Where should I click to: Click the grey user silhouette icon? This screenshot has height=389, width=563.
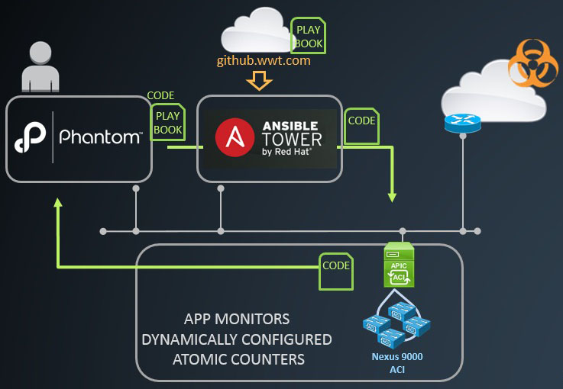pyautogui.click(x=40, y=69)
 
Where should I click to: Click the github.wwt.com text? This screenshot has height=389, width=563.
pyautogui.click(x=264, y=60)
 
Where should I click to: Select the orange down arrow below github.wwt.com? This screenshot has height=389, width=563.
pyautogui.click(x=260, y=79)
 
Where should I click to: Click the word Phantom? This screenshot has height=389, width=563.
pyautogui.click(x=100, y=137)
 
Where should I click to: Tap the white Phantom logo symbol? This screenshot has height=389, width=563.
pyautogui.click(x=31, y=138)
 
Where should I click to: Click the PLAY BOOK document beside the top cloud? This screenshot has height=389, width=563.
pyautogui.click(x=309, y=36)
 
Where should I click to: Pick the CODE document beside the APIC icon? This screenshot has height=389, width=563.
pyautogui.click(x=336, y=272)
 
